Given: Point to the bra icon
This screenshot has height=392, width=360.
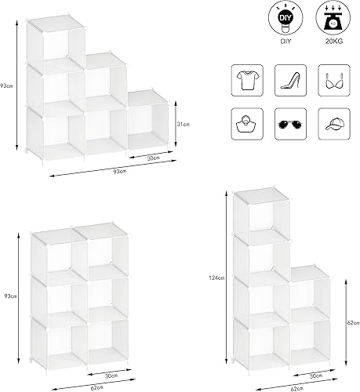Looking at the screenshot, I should pyautogui.click(x=331, y=78).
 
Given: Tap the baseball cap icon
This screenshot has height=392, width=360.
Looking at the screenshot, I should pyautogui.click(x=331, y=123).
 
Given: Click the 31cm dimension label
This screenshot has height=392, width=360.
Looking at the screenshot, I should pyautogui.click(x=184, y=123).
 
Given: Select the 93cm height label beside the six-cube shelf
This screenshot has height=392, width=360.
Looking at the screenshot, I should pyautogui.click(x=7, y=296).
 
